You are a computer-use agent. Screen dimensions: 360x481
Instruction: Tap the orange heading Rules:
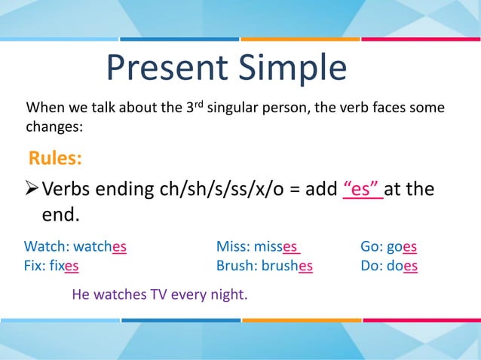point(55,159)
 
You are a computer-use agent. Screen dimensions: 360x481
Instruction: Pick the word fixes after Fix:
point(66,266)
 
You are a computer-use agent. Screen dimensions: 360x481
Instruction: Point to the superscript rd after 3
point(199,103)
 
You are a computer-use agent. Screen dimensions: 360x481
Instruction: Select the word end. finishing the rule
point(60,215)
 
